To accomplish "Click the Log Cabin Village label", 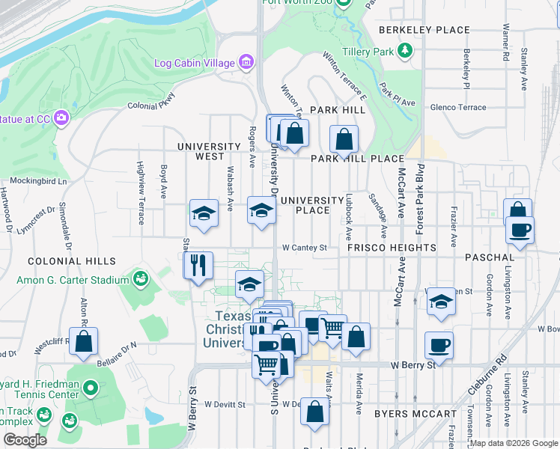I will click(x=195, y=63).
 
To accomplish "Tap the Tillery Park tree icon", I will click(x=405, y=51).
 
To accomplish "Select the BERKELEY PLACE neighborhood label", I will click(x=424, y=30).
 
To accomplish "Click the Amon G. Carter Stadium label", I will click(x=73, y=280).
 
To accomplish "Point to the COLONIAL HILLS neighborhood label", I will click(x=72, y=261).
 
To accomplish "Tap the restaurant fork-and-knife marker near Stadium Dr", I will click(x=198, y=266).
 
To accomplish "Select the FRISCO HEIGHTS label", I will click(x=392, y=247).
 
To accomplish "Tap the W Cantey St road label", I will click(x=305, y=248).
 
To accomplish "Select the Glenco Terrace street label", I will click(x=458, y=107).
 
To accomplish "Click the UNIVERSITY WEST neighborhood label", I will click(x=200, y=151).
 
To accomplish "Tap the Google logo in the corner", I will click(x=25, y=440).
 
